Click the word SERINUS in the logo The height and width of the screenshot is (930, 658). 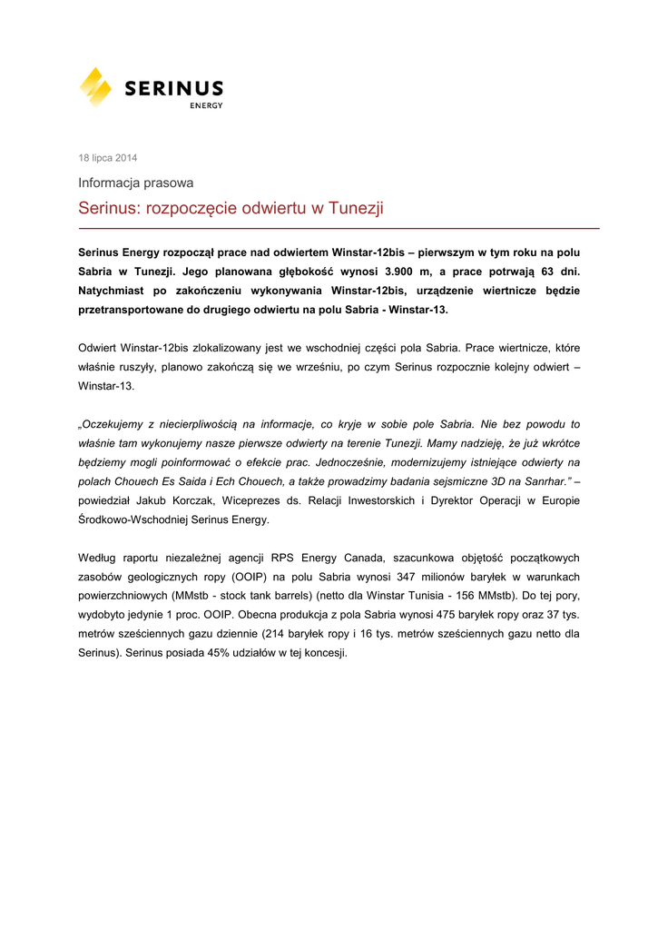pyautogui.click(x=172, y=88)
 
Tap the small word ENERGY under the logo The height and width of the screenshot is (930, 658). pyautogui.click(x=206, y=105)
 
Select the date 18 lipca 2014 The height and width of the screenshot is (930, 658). pyautogui.click(x=108, y=158)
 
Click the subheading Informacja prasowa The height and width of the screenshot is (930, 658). pyautogui.click(x=135, y=183)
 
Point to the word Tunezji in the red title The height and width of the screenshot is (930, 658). pyautogui.click(x=356, y=209)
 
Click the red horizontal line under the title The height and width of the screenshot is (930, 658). pyautogui.click(x=339, y=229)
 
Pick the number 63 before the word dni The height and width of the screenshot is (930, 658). pyautogui.click(x=549, y=271)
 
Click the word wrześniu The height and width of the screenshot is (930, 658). pyautogui.click(x=318, y=367)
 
